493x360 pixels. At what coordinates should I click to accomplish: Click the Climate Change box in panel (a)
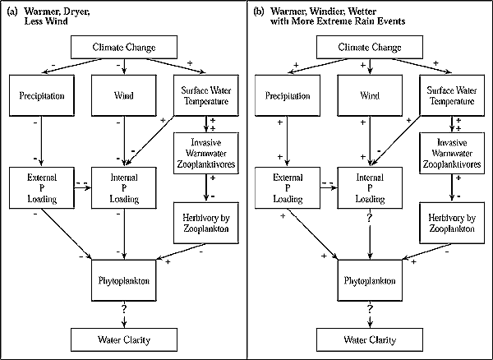pyautogui.click(x=124, y=47)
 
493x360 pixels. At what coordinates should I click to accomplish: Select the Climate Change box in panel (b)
pyautogui.click(x=370, y=47)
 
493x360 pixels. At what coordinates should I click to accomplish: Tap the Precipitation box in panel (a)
pyautogui.click(x=42, y=95)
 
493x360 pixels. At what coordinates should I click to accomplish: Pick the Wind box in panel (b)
pyautogui.click(x=370, y=95)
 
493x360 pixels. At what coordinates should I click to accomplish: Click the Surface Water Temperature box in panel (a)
pyautogui.click(x=206, y=95)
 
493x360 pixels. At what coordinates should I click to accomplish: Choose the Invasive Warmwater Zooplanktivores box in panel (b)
pyautogui.click(x=452, y=153)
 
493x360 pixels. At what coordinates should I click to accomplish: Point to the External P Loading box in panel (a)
pyautogui.click(x=42, y=187)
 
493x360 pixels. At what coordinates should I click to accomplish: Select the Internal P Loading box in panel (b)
pyautogui.click(x=370, y=187)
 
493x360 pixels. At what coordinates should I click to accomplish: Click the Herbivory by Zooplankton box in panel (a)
pyautogui.click(x=206, y=223)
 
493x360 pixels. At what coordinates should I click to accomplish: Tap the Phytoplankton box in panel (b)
pyautogui.click(x=370, y=280)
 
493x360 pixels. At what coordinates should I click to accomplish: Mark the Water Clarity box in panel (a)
pyautogui.click(x=124, y=340)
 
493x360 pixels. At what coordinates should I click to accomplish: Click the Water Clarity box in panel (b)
pyautogui.click(x=370, y=340)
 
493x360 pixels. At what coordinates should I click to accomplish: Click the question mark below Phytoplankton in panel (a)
pyautogui.click(x=124, y=309)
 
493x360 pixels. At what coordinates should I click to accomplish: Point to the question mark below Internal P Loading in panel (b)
pyautogui.click(x=370, y=218)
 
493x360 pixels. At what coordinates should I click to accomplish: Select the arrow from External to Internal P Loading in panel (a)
pyautogui.click(x=83, y=188)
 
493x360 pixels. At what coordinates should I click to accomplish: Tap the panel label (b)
pyautogui.click(x=258, y=12)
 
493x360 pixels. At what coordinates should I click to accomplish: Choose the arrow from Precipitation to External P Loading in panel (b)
pyautogui.click(x=288, y=141)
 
